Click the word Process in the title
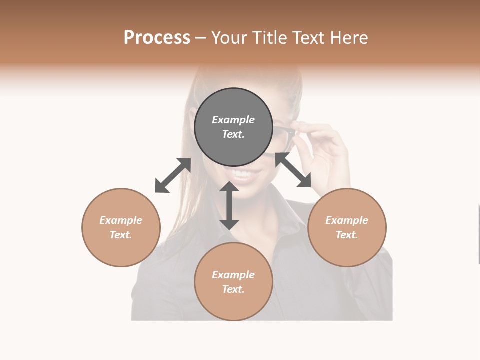[x=157, y=38]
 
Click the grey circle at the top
[x=233, y=127]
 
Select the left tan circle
[x=121, y=227]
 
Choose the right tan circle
[x=347, y=227]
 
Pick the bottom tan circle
[x=233, y=282]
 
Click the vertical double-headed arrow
[x=229, y=205]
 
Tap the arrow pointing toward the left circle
[x=173, y=175]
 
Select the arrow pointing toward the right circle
[x=293, y=170]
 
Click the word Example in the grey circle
[x=233, y=120]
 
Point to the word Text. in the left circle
[x=121, y=235]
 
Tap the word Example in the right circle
[x=347, y=220]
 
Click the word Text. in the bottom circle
[x=233, y=289]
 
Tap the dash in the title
[x=201, y=38]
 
